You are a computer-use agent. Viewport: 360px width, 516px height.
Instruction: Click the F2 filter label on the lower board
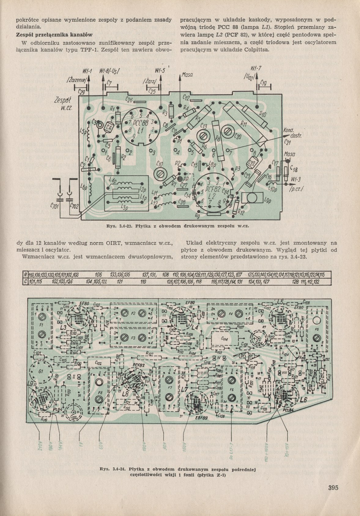(133, 313)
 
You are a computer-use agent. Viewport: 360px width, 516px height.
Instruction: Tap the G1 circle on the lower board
(41, 371)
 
